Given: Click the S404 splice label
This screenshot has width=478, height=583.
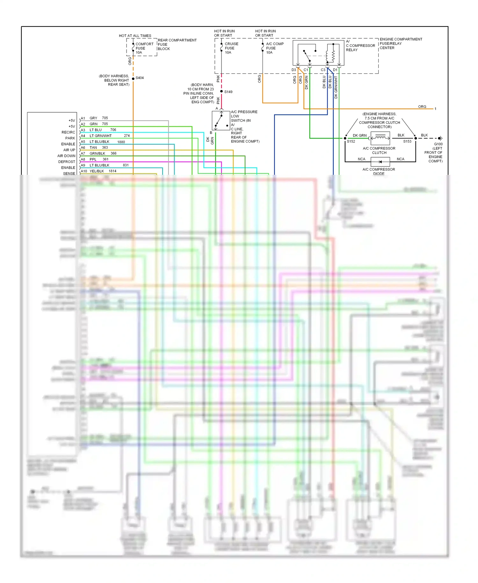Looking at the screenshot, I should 140,78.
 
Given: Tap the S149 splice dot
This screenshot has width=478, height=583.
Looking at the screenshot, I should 221,92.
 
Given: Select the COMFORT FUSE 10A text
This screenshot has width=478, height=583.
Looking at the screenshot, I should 144,48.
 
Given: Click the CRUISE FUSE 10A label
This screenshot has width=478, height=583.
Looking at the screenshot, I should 231,48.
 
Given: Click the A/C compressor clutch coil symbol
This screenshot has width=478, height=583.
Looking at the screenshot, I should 380,138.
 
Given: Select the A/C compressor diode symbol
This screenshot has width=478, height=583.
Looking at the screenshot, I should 380,162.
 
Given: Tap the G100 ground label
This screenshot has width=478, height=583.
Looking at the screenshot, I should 438,144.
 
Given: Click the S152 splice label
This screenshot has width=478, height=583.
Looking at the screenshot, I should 351,142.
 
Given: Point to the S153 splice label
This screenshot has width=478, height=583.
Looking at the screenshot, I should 407,142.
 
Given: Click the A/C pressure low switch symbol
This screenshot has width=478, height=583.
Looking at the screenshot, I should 221,121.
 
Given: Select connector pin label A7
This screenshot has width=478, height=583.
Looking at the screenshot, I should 83,153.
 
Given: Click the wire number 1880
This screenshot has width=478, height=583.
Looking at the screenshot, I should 121,142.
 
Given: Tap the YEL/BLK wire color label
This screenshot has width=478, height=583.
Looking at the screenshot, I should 97,171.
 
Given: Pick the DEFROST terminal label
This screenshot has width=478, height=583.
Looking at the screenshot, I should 67,162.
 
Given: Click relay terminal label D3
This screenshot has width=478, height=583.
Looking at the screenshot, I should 293,70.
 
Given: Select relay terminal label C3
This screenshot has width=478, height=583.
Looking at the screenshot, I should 323,70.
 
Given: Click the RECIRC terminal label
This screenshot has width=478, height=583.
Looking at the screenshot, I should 68,132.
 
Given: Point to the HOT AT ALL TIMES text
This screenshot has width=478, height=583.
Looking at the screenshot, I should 135,36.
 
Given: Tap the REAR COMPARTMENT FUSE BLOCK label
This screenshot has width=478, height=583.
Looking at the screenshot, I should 177,44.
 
